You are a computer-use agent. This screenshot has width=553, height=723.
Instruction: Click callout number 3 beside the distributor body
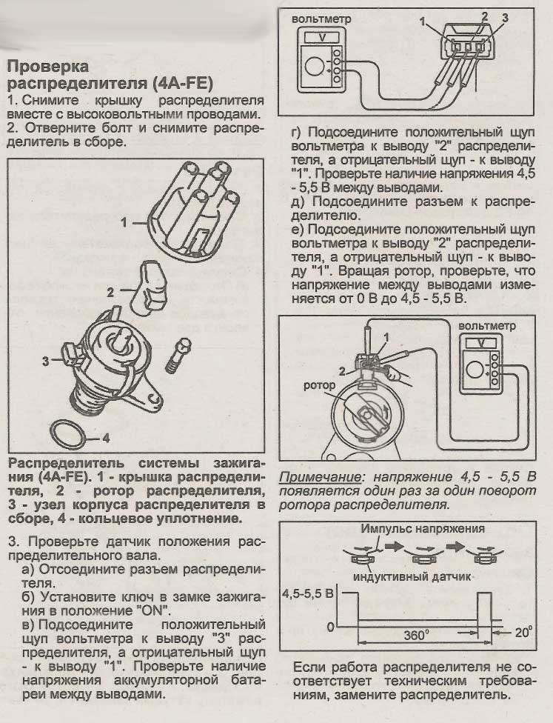click(x=46, y=361)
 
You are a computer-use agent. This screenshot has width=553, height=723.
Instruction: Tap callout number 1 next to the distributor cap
click(x=124, y=221)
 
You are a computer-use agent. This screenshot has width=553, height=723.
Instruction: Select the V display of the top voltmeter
click(x=321, y=36)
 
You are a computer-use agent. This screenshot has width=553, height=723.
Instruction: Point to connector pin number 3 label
click(x=505, y=17)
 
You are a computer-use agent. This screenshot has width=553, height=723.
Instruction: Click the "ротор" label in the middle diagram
click(x=319, y=386)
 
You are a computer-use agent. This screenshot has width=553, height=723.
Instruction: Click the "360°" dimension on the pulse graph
click(x=420, y=635)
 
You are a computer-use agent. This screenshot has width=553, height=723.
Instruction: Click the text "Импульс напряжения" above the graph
click(x=424, y=529)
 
